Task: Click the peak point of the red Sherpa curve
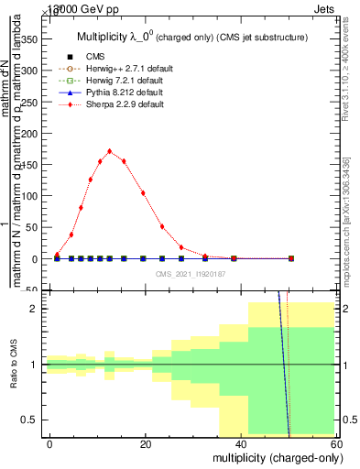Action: point(110,151)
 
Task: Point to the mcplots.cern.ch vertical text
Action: point(348,219)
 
